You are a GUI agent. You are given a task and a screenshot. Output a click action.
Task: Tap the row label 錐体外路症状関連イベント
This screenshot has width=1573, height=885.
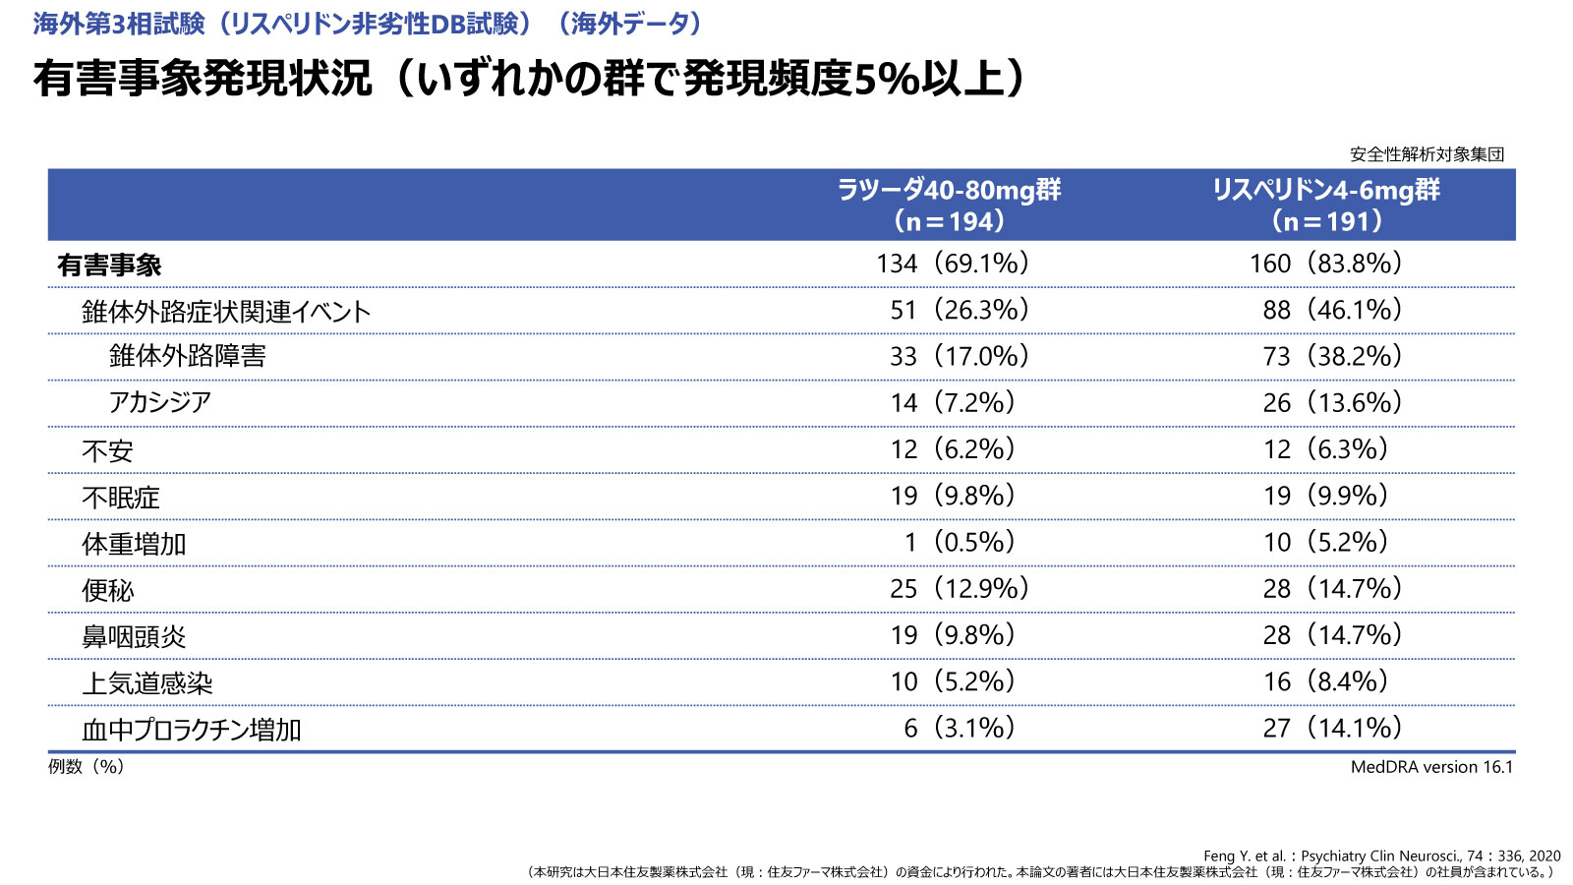click(x=226, y=312)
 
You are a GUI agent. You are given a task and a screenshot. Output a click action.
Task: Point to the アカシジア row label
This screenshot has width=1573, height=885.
click(x=160, y=402)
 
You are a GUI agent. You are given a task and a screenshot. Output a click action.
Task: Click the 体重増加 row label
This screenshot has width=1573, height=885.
click(x=134, y=544)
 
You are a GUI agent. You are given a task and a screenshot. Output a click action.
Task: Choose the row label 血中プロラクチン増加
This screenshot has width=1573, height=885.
click(x=192, y=730)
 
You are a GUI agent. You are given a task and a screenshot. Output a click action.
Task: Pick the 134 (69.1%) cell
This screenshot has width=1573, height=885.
click(x=953, y=264)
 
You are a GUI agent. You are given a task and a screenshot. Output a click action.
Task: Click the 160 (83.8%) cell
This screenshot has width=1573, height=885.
click(x=1325, y=264)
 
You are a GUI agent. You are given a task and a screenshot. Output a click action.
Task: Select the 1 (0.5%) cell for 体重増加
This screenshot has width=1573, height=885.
click(x=960, y=542)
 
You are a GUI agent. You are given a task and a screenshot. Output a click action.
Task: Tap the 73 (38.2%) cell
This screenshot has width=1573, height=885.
click(x=1332, y=356)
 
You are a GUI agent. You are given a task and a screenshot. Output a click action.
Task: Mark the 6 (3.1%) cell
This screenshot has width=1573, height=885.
click(x=960, y=728)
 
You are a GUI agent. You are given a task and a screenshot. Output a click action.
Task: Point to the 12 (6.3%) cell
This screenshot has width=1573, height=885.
click(x=1325, y=449)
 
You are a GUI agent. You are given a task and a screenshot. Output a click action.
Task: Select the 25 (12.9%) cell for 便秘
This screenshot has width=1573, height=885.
click(x=960, y=588)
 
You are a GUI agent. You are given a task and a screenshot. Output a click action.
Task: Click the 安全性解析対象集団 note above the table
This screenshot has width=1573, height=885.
click(x=1427, y=154)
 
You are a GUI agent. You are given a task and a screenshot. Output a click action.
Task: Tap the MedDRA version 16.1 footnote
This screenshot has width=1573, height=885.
click(x=1431, y=767)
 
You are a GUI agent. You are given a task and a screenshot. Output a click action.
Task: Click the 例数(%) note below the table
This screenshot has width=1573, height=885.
click(x=87, y=767)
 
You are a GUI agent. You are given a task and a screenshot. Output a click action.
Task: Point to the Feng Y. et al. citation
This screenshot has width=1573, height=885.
click(x=1381, y=855)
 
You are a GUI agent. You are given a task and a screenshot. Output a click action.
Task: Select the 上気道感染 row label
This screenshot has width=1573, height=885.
click(x=147, y=683)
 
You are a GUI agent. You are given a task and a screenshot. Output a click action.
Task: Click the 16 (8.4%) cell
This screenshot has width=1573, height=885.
click(x=1325, y=681)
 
